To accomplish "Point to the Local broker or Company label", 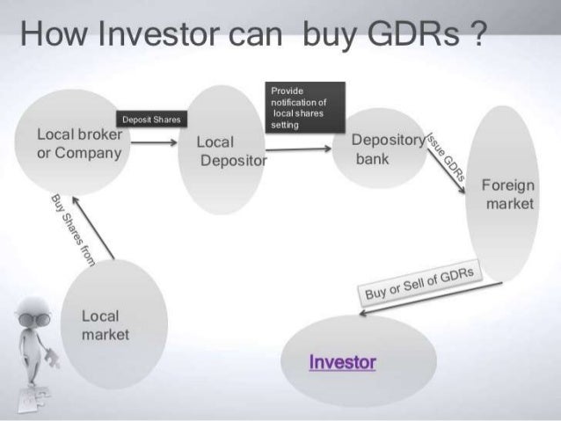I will point(78,143).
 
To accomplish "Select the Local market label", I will point(104,325).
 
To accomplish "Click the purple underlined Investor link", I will point(342,361).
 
